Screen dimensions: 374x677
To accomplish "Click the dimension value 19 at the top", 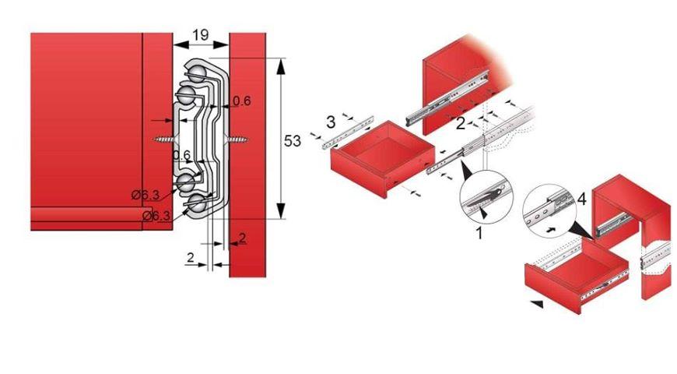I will [x=201, y=35].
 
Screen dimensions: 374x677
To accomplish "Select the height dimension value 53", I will [x=293, y=141].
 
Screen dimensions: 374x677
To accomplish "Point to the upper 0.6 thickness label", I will [x=242, y=101].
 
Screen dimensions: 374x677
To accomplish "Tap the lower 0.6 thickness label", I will [x=182, y=155].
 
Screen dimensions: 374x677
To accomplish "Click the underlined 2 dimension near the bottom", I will [x=243, y=238].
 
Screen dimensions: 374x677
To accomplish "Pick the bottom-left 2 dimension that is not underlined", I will [x=189, y=256].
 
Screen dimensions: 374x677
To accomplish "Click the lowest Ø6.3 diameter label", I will [x=157, y=215].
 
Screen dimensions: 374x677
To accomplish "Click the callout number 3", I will [x=331, y=122].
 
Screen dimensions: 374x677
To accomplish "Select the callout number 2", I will [x=461, y=123].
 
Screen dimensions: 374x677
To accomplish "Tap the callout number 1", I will [x=479, y=232].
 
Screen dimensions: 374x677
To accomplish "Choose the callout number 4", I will [x=582, y=200].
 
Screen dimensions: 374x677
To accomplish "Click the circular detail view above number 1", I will [x=485, y=201].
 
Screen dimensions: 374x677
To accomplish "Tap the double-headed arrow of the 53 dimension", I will [x=279, y=141].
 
